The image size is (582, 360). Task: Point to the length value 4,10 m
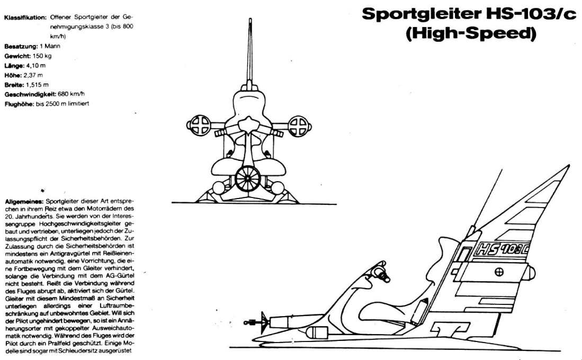point(37,65)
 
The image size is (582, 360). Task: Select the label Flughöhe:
point(20,103)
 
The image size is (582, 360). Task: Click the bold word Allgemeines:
point(24,202)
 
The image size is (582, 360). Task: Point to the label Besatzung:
point(21,46)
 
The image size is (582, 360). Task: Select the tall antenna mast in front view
point(250,53)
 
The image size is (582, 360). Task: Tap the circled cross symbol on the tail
point(499,272)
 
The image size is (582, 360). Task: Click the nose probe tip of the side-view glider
point(245,321)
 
